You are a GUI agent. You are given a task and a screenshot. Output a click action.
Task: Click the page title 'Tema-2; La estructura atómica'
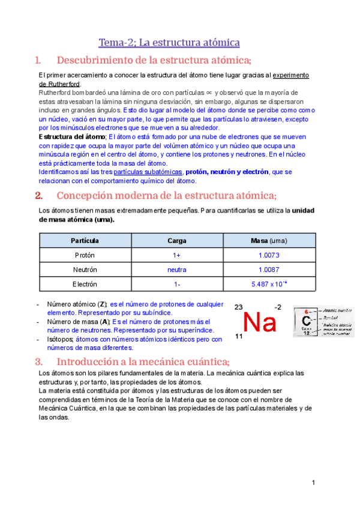click(169, 43)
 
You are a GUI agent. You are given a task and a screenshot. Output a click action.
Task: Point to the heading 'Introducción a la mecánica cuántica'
click(142, 361)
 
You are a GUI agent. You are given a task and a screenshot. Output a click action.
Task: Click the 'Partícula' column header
click(85, 241)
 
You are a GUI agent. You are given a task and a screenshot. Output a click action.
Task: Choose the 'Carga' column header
click(177, 241)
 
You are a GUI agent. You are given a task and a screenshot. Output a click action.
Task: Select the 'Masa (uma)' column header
click(269, 241)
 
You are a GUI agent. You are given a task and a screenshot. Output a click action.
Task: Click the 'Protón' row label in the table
click(85, 255)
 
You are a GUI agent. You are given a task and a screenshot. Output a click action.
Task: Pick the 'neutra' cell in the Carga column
click(177, 270)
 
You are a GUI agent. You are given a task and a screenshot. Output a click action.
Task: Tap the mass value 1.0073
click(269, 255)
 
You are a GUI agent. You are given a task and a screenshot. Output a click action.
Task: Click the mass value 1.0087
click(269, 270)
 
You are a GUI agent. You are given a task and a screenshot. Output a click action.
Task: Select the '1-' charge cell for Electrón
click(177, 284)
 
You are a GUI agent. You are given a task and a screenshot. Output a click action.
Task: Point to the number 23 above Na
click(239, 307)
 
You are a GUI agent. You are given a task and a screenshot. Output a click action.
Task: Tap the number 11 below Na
click(239, 337)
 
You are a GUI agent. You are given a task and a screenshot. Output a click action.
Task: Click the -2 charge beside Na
click(278, 307)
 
